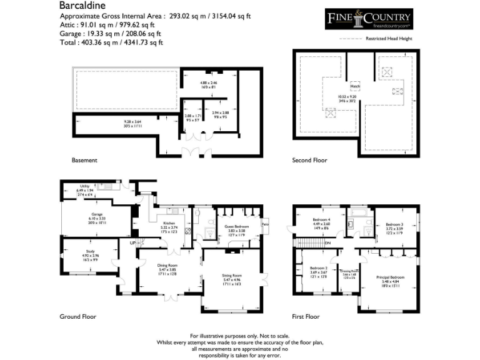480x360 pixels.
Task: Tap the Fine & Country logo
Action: (x=369, y=19)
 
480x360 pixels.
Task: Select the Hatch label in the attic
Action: (x=354, y=87)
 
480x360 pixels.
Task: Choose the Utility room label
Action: (x=84, y=186)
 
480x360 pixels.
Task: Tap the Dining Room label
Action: (x=169, y=265)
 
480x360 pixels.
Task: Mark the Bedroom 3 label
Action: (x=394, y=224)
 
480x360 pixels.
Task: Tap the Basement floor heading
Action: (x=84, y=161)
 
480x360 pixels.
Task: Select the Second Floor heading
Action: (x=310, y=161)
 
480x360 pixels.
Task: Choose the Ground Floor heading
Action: (x=78, y=317)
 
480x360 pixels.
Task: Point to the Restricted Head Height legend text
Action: (x=390, y=39)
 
